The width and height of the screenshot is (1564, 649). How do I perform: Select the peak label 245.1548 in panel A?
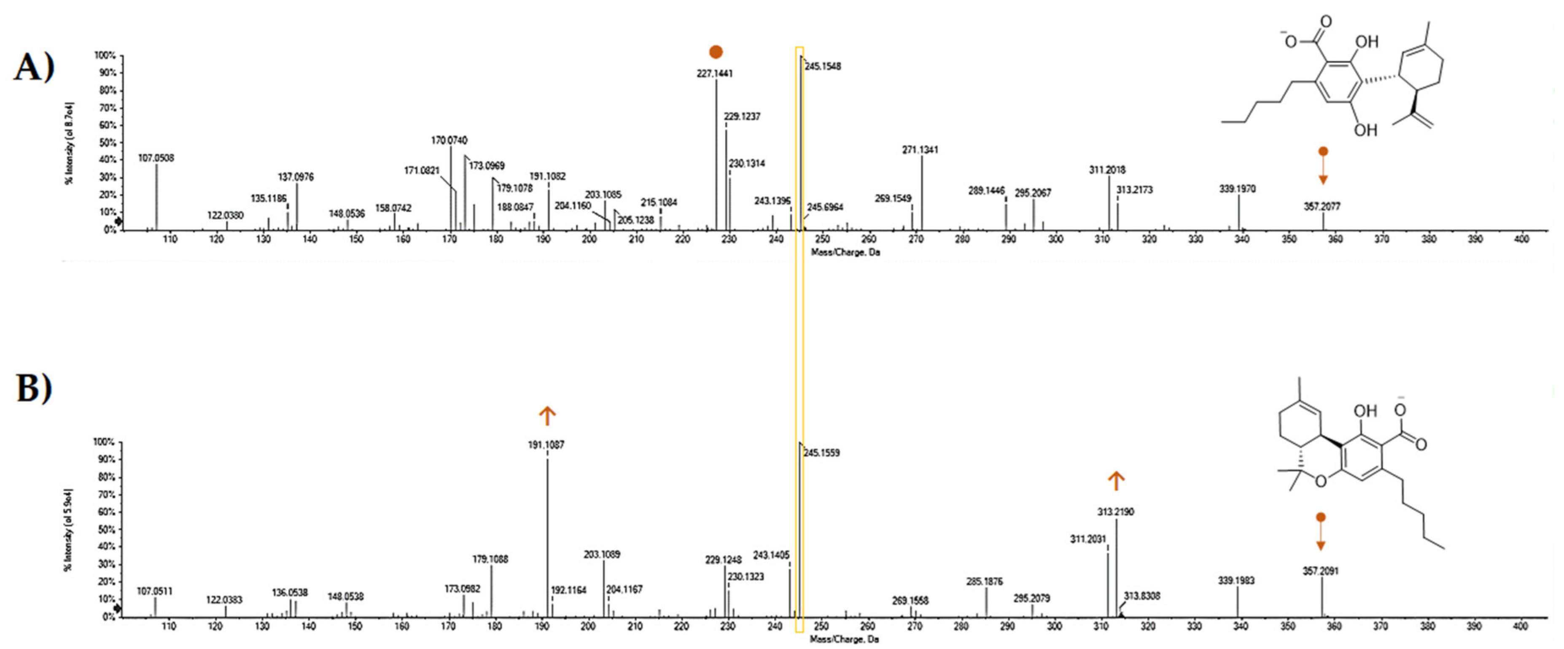click(x=823, y=66)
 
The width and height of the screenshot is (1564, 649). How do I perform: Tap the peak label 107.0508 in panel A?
click(x=156, y=158)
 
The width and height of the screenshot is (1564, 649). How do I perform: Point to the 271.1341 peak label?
click(x=920, y=149)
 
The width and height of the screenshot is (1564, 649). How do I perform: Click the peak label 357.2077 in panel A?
click(x=1322, y=206)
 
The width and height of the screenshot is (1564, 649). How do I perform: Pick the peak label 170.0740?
click(x=449, y=140)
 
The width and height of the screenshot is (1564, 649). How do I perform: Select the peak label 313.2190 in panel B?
click(x=1115, y=512)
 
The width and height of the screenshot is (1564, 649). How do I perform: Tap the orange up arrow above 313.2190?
click(x=1116, y=480)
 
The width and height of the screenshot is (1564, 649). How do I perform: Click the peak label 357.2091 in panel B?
click(x=1321, y=571)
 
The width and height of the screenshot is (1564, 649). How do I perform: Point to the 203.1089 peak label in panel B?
click(x=602, y=554)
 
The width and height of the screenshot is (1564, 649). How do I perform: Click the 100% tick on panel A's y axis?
click(x=105, y=56)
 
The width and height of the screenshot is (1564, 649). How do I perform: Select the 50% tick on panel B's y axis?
click(x=106, y=529)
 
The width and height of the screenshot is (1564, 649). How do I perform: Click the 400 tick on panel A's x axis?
click(x=1521, y=239)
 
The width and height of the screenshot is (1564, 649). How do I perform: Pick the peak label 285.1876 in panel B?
click(x=984, y=582)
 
